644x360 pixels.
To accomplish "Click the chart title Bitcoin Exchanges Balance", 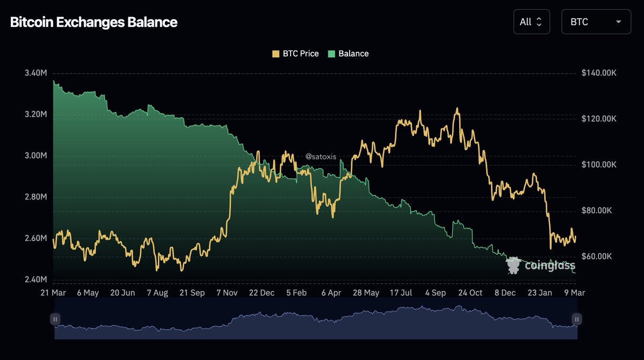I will coord(94,23).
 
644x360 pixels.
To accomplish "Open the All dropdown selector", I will coord(531,22).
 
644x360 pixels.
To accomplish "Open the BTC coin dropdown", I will coord(596,22).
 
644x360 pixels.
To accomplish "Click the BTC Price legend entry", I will coord(295,54).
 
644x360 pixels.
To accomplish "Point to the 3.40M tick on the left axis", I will coord(35,73).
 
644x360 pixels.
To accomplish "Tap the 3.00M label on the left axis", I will coord(35,156).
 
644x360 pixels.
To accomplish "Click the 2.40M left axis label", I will coord(35,279).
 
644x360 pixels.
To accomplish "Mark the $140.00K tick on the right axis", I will coord(599,73).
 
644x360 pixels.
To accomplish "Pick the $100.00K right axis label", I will coord(599,164).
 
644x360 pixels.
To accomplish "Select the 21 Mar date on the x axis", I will coord(54,293).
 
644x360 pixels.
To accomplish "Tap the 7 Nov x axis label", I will coord(227,293).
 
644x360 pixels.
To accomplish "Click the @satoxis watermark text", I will coord(320,156).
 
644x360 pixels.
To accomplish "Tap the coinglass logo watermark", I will coord(540,265).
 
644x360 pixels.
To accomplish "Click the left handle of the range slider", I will coord(55,319).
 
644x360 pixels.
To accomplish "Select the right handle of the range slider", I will coord(576,319).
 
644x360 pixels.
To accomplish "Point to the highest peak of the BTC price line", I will coord(457,109).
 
